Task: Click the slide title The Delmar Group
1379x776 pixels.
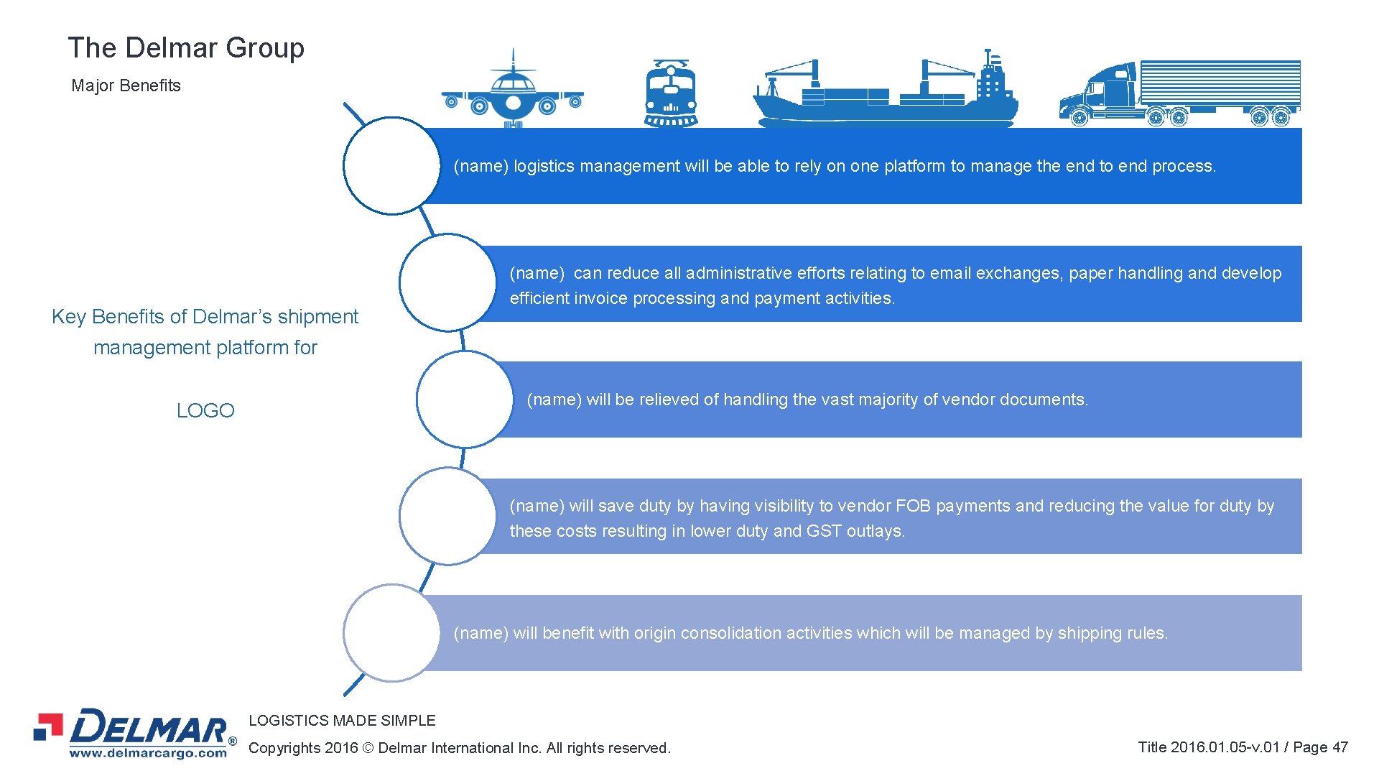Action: (x=186, y=48)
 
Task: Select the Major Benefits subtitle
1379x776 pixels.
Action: (x=126, y=86)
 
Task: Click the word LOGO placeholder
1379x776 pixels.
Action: (x=205, y=410)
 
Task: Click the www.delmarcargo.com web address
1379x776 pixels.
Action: (x=148, y=753)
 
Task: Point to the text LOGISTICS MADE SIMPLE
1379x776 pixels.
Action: (x=342, y=720)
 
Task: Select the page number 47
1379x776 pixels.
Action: (x=1339, y=747)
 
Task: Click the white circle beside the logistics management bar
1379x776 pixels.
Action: (x=391, y=166)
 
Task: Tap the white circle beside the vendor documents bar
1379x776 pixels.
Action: (x=465, y=399)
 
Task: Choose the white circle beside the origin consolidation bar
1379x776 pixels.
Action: (x=391, y=633)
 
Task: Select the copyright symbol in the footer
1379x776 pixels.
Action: (x=368, y=748)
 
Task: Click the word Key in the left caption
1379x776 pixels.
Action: (x=68, y=317)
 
